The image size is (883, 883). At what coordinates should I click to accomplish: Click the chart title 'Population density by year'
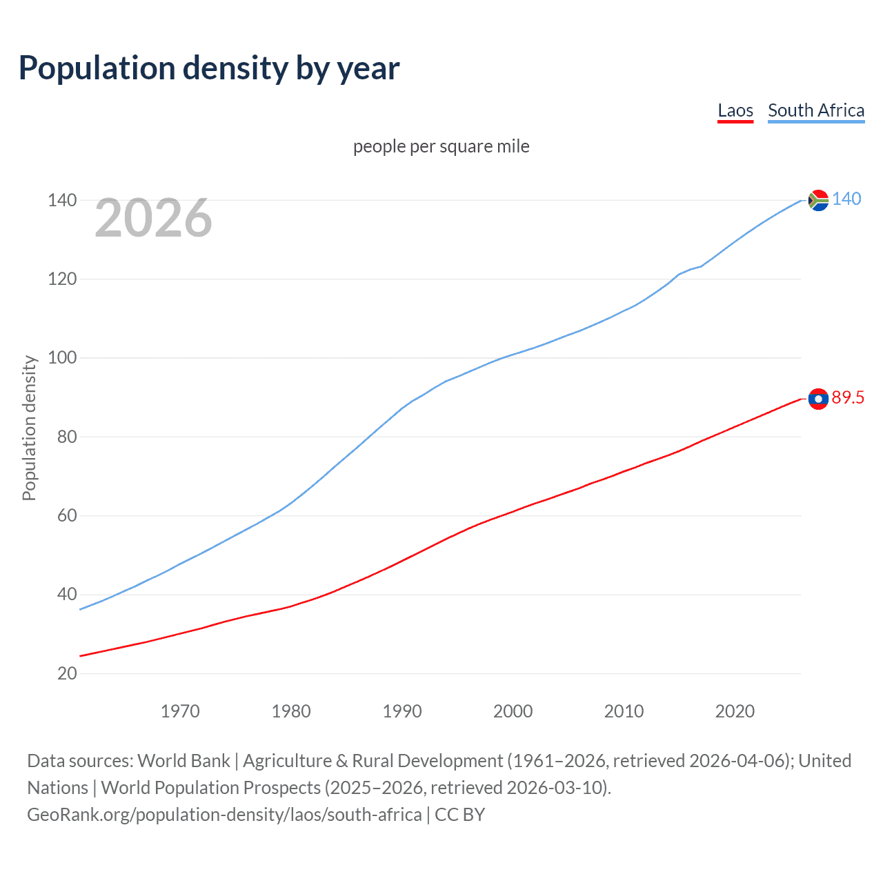click(x=209, y=68)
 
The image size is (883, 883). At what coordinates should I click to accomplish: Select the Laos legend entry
click(x=735, y=110)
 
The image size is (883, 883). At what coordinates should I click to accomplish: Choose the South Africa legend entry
click(x=816, y=110)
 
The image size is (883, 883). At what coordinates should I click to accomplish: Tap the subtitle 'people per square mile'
click(x=441, y=146)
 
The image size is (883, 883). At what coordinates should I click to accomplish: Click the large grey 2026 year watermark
click(x=153, y=218)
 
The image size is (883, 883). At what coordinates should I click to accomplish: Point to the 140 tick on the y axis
click(x=62, y=200)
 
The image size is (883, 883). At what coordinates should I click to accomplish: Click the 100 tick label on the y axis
click(x=62, y=358)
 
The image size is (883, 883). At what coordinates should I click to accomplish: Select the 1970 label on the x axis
click(x=180, y=711)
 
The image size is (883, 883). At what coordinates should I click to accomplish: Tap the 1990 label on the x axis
click(x=402, y=711)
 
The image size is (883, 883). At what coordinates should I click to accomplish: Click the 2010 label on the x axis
click(x=624, y=711)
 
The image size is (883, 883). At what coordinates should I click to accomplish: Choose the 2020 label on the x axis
click(x=735, y=711)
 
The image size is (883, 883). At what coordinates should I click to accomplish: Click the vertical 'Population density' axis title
click(x=29, y=428)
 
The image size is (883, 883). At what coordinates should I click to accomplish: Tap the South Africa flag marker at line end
click(x=818, y=200)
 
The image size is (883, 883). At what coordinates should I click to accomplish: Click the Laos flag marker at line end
click(x=818, y=399)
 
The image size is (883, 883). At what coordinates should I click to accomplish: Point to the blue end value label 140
click(x=846, y=199)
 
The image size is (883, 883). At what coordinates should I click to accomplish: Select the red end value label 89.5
click(x=848, y=397)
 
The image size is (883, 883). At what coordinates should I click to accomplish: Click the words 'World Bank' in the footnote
click(x=183, y=761)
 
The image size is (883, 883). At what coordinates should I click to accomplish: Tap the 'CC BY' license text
click(x=460, y=815)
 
